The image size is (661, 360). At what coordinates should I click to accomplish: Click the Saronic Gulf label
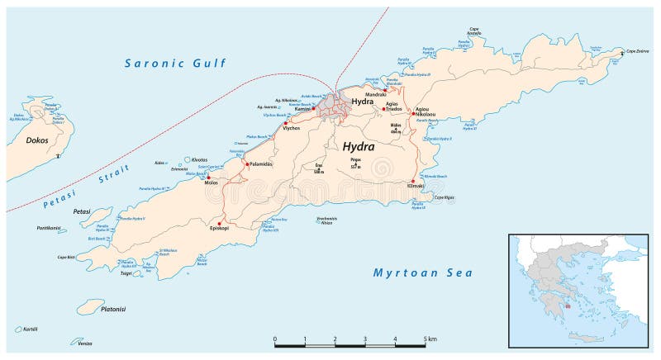click(176, 64)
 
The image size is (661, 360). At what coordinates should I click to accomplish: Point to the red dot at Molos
click(208, 178)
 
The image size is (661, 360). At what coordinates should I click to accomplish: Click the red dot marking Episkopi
click(220, 224)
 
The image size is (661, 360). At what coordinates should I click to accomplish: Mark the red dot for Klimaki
click(411, 182)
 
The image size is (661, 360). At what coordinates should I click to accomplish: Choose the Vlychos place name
click(291, 130)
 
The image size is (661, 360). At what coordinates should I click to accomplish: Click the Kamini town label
click(300, 109)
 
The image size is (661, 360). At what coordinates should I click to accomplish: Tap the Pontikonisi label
click(49, 228)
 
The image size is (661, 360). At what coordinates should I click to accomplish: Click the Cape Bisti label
click(67, 258)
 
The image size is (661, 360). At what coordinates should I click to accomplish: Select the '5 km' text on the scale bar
click(430, 339)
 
